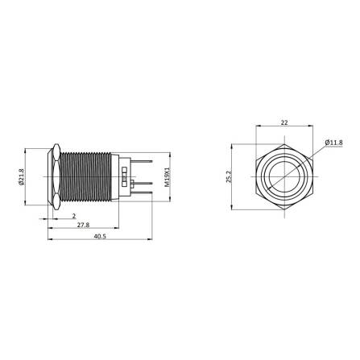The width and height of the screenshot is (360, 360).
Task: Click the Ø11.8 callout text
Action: tap(335, 143)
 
